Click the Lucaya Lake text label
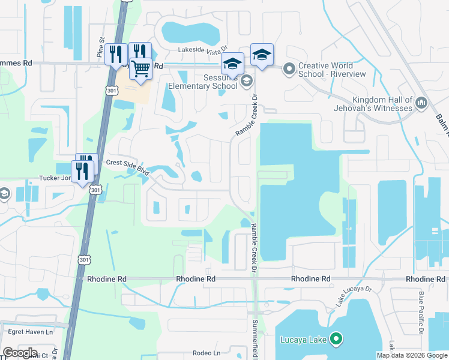[304, 340]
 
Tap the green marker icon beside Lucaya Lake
[336, 340]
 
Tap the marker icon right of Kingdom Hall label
[421, 104]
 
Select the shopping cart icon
[140, 69]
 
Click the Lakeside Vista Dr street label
[203, 52]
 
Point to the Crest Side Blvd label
[127, 166]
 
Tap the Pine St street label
[101, 48]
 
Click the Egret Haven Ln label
[30, 331]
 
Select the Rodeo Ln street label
[208, 353]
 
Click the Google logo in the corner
[20, 353]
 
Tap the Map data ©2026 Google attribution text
[412, 355]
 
